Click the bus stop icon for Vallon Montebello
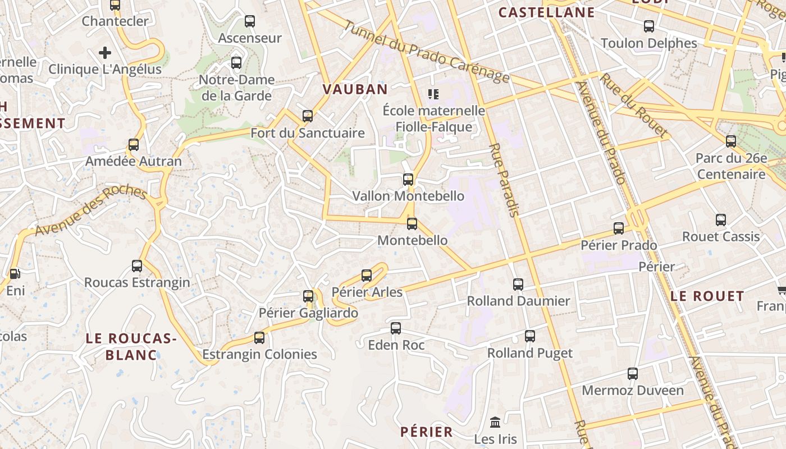408,180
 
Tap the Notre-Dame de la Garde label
236,88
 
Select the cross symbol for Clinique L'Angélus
105,53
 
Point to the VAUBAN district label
355,89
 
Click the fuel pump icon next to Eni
15,274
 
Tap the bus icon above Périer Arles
367,275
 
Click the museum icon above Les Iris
495,422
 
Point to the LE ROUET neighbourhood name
707,296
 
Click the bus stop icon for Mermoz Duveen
633,374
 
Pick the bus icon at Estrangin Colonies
259,338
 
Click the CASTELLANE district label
546,12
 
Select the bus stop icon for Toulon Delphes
649,26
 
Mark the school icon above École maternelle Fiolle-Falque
433,94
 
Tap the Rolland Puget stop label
529,353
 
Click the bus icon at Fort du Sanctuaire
308,116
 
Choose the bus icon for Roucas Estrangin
137,266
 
